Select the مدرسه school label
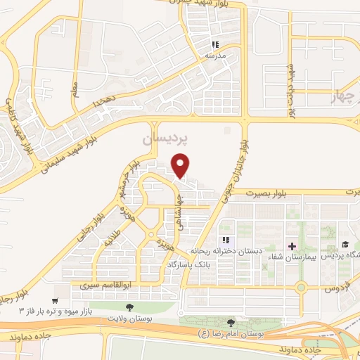(x=214, y=54)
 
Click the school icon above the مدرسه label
(x=215, y=44)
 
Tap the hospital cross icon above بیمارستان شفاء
(x=292, y=245)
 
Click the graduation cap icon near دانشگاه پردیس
(x=345, y=245)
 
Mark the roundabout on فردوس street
(x=302, y=287)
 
